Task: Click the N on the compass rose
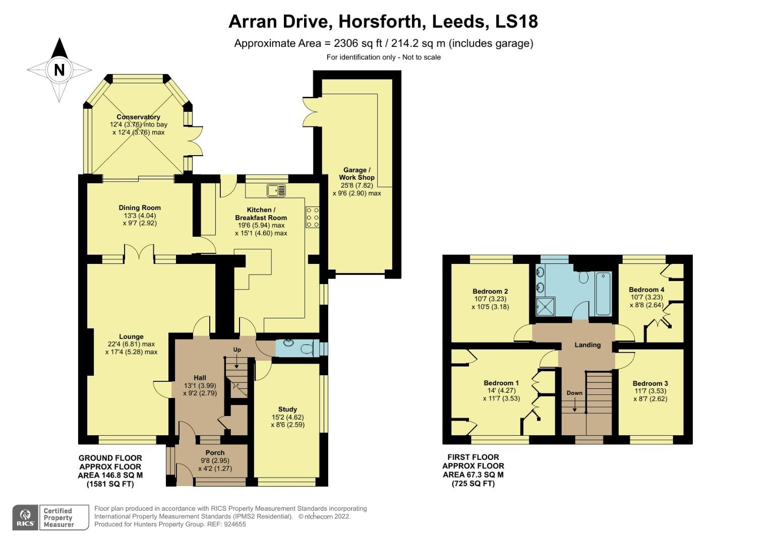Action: [x=59, y=70]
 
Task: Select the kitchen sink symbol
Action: [x=276, y=190]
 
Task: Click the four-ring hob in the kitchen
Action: [x=312, y=218]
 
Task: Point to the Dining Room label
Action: [x=140, y=208]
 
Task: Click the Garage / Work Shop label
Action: [x=357, y=174]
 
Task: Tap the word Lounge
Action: [x=131, y=336]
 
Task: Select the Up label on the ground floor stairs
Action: [x=237, y=350]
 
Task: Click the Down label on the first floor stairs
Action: [x=574, y=393]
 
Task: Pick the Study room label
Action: [x=287, y=409]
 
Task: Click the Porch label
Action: [x=215, y=452]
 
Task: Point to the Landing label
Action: [x=587, y=345]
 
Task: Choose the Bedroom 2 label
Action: [x=490, y=291]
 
